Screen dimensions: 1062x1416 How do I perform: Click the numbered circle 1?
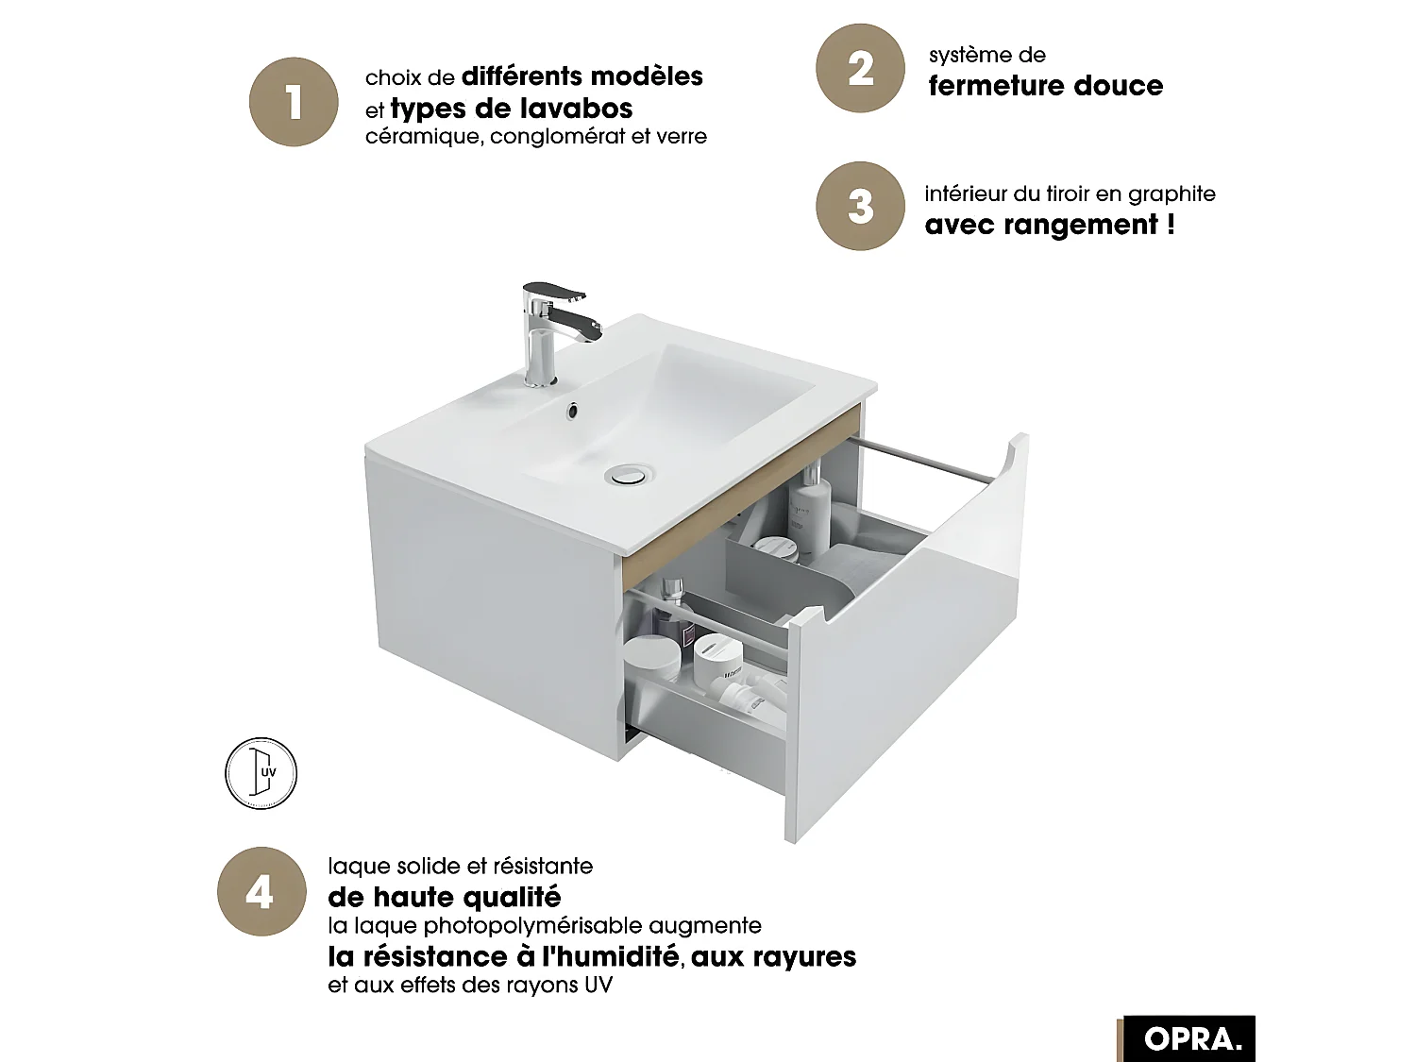pos(294,102)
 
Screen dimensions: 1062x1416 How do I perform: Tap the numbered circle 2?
pos(860,69)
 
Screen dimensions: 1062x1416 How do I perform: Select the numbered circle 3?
pos(860,206)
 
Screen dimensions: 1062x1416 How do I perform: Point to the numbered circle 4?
pos(261,891)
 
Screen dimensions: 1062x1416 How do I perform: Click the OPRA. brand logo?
pos(1191,1038)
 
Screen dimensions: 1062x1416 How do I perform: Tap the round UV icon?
pos(261,773)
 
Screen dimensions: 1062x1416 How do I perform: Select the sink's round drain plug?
pos(627,473)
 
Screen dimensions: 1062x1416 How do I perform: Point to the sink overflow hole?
pos(572,411)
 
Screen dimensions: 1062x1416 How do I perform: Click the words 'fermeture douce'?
pos(1045,86)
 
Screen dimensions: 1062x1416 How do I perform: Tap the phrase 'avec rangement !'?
pos(1050,225)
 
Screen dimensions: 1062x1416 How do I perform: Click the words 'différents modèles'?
pos(582,76)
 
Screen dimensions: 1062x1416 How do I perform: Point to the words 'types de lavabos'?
pos(511,109)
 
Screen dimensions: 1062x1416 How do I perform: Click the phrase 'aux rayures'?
pos(774,956)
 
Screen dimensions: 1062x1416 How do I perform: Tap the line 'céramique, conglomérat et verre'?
pos(535,137)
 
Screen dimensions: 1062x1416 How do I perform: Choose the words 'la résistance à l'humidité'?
pos(503,956)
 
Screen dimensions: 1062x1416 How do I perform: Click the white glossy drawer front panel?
pos(906,661)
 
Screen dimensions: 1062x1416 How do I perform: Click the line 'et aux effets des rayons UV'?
pos(470,986)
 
